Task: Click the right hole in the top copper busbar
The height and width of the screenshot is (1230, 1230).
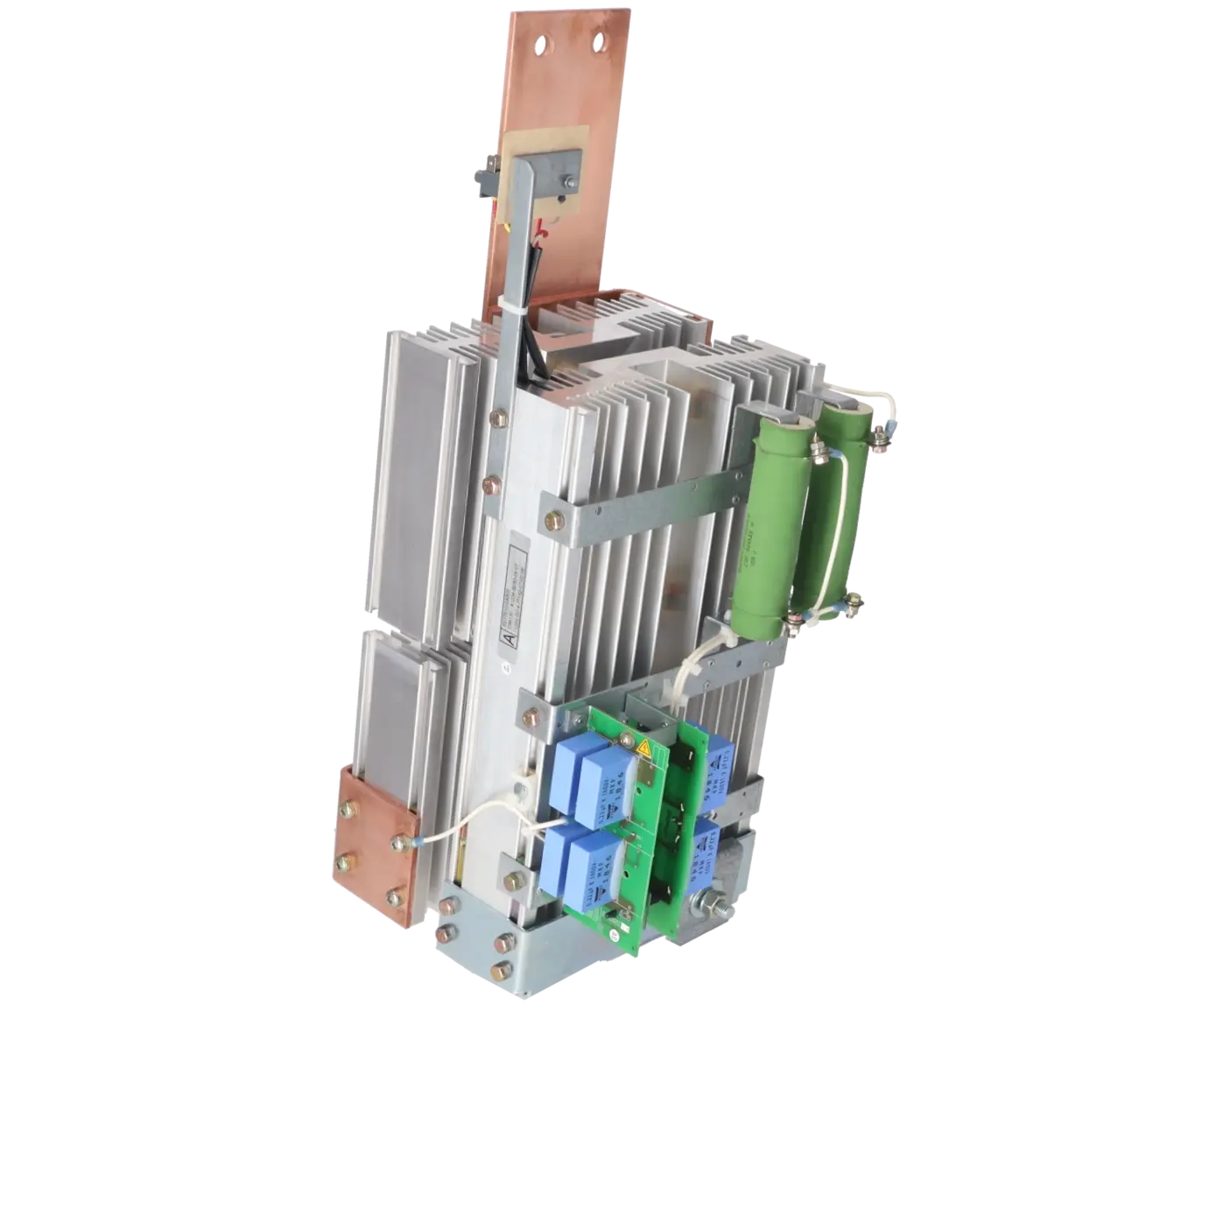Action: (x=600, y=39)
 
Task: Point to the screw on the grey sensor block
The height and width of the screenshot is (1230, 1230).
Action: (x=570, y=181)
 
